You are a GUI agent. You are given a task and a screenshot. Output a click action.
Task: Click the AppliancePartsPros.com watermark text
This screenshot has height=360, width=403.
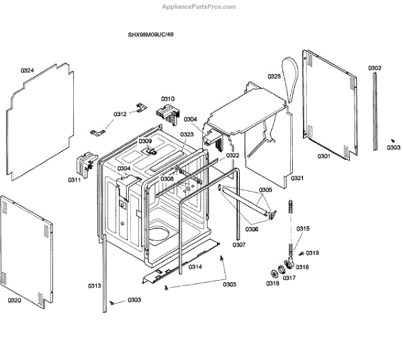coord(199,7)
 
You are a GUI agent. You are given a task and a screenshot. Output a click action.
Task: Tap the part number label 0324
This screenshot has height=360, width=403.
coord(27,71)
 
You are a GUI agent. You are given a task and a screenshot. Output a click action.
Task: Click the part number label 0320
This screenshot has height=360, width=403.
coord(15,300)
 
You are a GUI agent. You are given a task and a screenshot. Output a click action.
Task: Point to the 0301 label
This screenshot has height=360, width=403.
coord(324,156)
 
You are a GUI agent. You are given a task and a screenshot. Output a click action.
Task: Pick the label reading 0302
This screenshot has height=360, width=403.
coord(375,68)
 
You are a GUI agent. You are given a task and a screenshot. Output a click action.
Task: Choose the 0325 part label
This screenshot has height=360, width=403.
coord(274,76)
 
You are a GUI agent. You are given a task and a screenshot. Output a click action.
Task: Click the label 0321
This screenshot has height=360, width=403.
coord(297,178)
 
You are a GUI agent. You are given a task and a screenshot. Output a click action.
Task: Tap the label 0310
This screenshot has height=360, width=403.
coord(167,99)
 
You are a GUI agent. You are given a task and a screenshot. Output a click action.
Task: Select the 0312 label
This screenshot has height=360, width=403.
coord(120,114)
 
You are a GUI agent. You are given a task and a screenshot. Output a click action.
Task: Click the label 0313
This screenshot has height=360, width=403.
coord(94,286)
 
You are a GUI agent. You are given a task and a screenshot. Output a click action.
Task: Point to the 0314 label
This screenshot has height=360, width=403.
coord(195,267)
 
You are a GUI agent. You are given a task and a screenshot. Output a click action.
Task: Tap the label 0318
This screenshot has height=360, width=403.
coord(272,283)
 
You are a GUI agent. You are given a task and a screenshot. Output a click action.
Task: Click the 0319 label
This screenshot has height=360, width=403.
coord(312,253)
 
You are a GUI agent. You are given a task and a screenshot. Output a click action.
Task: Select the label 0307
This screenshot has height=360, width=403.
coord(240,244)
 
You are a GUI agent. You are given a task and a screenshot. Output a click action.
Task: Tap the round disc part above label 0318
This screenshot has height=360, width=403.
coord(275,272)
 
